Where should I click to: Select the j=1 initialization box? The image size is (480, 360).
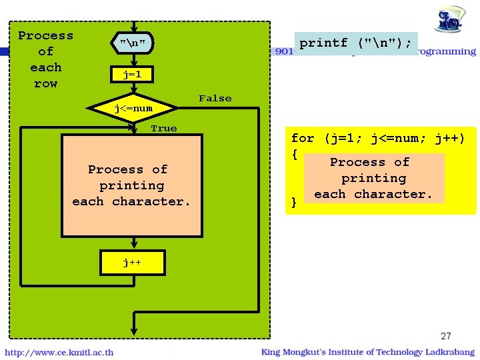[x=132, y=75]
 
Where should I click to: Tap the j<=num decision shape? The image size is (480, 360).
[x=133, y=108]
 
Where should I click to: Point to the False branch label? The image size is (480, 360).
[x=215, y=99]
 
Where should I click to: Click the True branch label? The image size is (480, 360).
[x=163, y=128]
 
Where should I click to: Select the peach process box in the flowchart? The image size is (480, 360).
[x=132, y=185]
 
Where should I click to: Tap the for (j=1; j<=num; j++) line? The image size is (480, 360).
[x=377, y=139]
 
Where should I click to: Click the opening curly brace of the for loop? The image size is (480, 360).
[x=293, y=154]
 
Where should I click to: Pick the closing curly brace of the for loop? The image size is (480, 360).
[x=293, y=202]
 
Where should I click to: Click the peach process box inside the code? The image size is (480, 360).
[x=373, y=178]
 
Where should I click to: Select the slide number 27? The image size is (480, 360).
[x=446, y=336]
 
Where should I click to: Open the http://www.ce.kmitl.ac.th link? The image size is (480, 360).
[x=60, y=352]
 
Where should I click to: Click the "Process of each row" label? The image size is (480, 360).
[x=45, y=59]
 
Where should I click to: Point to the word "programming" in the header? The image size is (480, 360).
[x=448, y=51]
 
